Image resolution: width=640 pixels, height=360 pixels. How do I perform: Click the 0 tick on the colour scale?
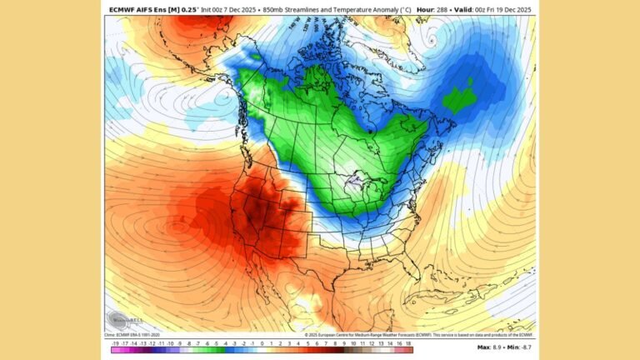tap(262, 343)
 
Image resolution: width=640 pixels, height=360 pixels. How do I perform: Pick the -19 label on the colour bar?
tap(113, 343)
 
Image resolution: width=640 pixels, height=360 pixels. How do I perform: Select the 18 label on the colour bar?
tap(408, 343)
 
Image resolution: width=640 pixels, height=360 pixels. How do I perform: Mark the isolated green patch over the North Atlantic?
tap(460, 99)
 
